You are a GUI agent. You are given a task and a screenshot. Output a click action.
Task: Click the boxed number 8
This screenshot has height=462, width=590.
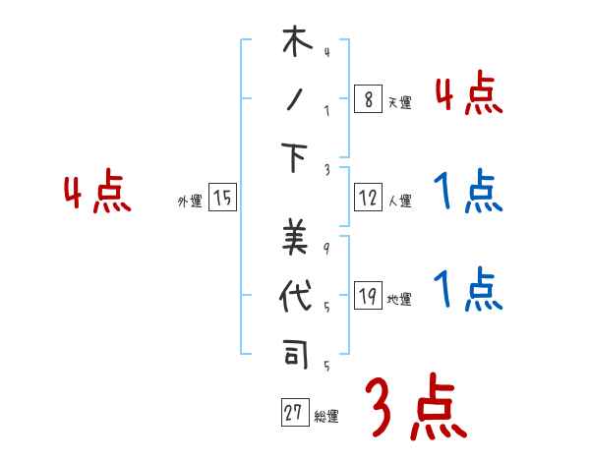point(367,98)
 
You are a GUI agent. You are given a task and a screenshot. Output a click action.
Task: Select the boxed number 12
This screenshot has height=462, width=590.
point(367,198)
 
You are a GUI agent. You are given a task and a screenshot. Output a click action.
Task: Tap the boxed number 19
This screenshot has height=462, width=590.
point(367,297)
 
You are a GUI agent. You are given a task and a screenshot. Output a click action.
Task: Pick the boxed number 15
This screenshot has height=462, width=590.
point(223,198)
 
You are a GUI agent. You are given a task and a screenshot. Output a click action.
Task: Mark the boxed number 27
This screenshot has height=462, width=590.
point(292,413)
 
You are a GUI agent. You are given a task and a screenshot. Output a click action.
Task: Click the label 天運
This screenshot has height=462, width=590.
point(399,102)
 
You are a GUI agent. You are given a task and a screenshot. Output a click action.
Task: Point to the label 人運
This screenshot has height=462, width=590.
point(399,202)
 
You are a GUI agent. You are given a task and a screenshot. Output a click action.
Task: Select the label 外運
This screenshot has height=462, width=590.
point(190,202)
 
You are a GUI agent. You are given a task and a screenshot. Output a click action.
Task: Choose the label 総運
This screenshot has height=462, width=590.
point(325,417)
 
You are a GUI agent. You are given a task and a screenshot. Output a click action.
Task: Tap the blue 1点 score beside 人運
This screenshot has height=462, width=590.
point(467,191)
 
